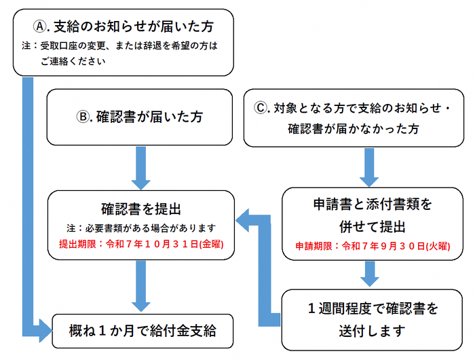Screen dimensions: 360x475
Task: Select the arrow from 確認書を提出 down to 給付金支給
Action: (140, 284)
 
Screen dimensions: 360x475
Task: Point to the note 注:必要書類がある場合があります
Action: (140, 227)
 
